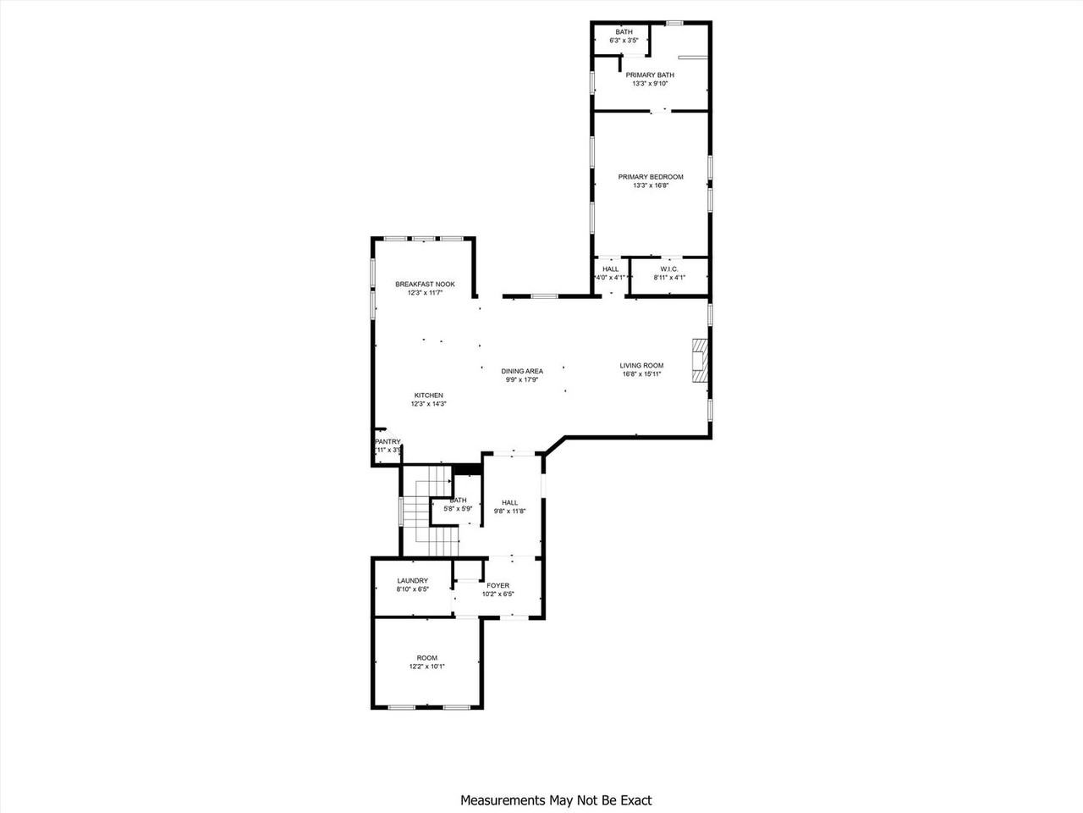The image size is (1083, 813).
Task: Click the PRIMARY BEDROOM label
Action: pyautogui.click(x=650, y=177)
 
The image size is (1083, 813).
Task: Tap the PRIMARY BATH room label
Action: pyautogui.click(x=650, y=75)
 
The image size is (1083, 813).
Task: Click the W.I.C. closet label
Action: pyautogui.click(x=669, y=268)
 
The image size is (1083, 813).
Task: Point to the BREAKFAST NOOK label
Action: pyautogui.click(x=425, y=285)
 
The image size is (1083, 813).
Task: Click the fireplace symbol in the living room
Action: pyautogui.click(x=700, y=362)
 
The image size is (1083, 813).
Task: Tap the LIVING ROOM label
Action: pyautogui.click(x=641, y=366)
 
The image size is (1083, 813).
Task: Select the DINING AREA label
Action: pyautogui.click(x=522, y=371)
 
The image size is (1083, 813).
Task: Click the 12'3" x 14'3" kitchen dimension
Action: pyautogui.click(x=428, y=404)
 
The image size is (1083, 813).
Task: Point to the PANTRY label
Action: pyautogui.click(x=388, y=441)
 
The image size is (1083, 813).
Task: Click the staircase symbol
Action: pyautogui.click(x=429, y=513)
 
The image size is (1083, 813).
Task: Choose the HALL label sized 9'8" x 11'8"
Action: pyautogui.click(x=509, y=502)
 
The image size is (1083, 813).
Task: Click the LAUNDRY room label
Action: pyautogui.click(x=413, y=580)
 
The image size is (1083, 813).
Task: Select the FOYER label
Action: pyautogui.click(x=498, y=585)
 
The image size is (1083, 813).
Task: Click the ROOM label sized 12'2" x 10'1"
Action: pyautogui.click(x=427, y=658)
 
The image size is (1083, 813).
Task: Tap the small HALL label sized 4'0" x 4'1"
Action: pyautogui.click(x=610, y=268)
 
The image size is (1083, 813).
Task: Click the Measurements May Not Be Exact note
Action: pyautogui.click(x=556, y=799)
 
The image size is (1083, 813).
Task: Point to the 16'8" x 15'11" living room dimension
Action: pyautogui.click(x=641, y=373)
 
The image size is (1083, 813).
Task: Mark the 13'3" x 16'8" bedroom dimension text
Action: pyautogui.click(x=650, y=185)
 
